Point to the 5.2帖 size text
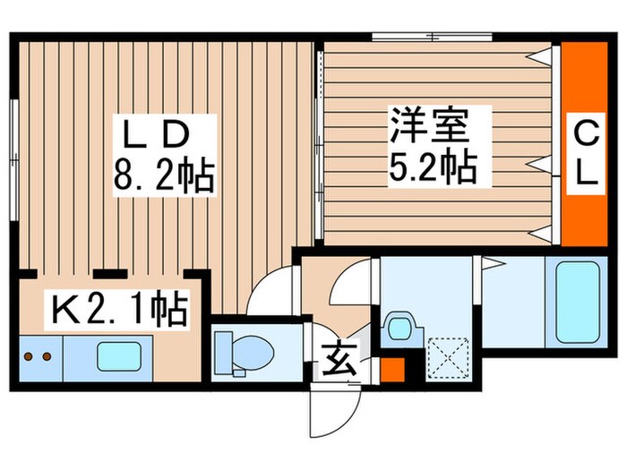431,166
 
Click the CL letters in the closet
585,154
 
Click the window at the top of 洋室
432,38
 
